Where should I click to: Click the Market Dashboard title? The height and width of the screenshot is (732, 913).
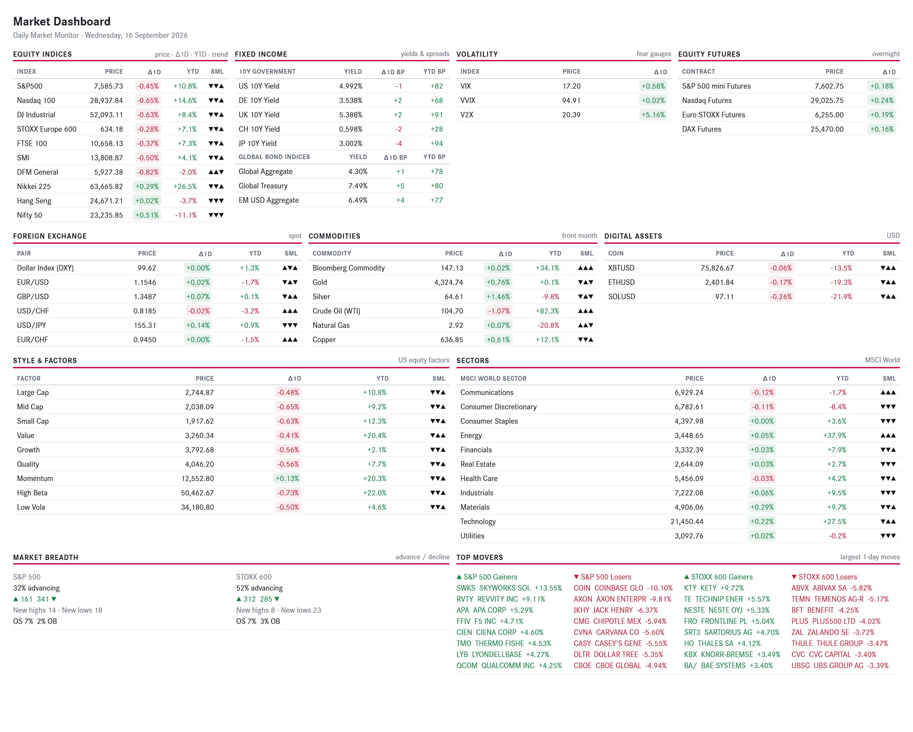click(x=62, y=21)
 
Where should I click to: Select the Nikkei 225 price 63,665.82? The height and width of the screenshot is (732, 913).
click(x=106, y=186)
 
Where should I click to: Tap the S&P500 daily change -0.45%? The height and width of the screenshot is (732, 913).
click(x=148, y=86)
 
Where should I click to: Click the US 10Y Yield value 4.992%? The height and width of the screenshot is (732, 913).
click(x=351, y=86)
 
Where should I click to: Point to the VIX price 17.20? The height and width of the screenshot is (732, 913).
click(x=571, y=86)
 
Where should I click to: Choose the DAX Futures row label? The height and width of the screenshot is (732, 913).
click(x=701, y=129)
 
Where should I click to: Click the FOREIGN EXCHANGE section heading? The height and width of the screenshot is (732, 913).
click(x=50, y=236)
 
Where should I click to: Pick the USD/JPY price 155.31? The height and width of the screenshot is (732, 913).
click(x=145, y=325)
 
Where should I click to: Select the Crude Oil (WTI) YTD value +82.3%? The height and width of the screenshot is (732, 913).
click(x=547, y=311)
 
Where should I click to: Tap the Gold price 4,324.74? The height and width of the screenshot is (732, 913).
click(x=448, y=282)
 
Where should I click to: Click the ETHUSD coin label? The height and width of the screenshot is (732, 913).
click(x=621, y=282)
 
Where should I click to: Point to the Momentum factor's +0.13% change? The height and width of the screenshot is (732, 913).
click(x=287, y=478)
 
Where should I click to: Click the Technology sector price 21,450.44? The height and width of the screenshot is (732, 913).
click(x=687, y=521)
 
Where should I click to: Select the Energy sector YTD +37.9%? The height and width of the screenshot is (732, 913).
click(x=834, y=435)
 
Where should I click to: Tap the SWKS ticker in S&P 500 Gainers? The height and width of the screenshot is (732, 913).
click(x=466, y=588)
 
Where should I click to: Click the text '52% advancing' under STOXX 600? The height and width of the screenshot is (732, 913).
click(x=259, y=588)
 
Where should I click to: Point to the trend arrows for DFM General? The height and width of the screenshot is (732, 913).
click(x=216, y=172)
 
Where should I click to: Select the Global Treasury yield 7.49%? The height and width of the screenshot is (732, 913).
click(x=358, y=186)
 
